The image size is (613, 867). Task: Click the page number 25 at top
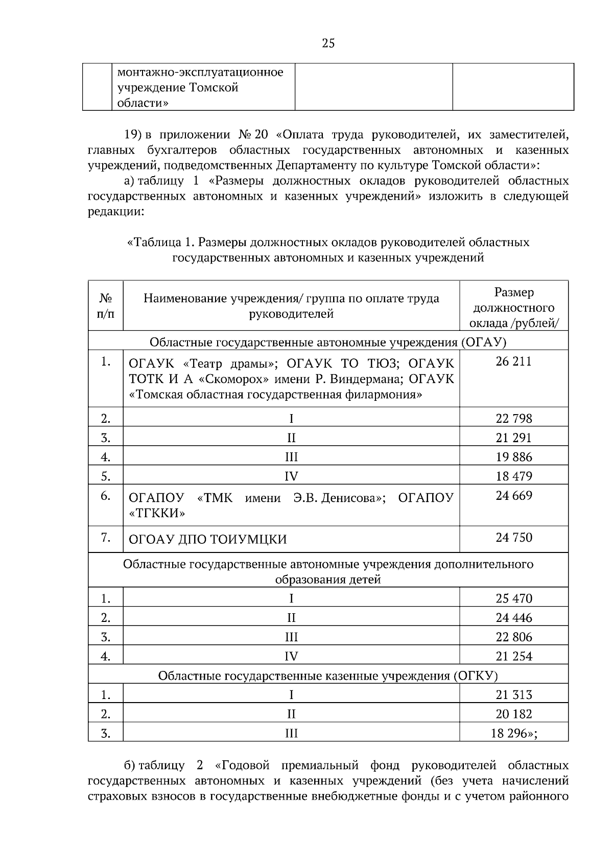pos(328,43)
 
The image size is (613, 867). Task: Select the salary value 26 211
pos(513,362)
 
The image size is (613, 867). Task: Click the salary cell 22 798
pos(513,419)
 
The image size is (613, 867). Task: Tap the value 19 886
pos(513,457)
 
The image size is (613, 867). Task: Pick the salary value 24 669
pos(513,495)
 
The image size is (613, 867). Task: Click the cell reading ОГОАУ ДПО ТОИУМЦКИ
pos(207,539)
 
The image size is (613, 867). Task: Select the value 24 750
pos(513,537)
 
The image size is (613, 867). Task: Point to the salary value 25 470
pos(513,598)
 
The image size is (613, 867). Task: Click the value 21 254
pos(513,657)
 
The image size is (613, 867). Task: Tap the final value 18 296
pos(511,734)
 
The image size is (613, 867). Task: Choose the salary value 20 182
pos(513,714)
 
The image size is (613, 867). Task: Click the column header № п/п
pos(106,305)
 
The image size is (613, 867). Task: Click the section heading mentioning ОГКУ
pos(327,676)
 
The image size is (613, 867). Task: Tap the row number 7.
pos(106,537)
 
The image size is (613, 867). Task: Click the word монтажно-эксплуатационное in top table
pos(200,73)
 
